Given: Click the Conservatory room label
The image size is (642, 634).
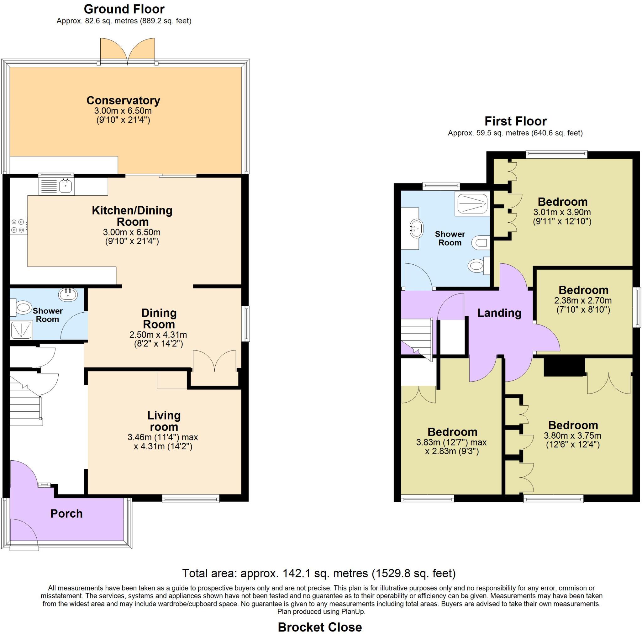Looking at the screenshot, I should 123,100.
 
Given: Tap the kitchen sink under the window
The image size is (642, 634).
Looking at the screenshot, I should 66,186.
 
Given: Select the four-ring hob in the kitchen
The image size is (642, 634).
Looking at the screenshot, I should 18,225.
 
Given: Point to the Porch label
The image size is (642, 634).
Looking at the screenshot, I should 66,514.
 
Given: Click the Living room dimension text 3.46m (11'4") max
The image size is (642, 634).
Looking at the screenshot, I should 162,437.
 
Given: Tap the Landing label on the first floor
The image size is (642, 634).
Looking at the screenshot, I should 499,313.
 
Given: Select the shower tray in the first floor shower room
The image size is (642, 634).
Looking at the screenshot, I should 473,204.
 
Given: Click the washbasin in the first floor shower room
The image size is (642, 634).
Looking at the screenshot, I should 417,228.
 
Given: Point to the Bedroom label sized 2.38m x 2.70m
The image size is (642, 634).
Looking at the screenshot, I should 583,290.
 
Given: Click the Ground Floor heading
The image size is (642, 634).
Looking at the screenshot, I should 124,9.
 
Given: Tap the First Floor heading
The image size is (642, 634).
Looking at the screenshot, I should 515,121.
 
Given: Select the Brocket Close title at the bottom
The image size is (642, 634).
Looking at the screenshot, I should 320,627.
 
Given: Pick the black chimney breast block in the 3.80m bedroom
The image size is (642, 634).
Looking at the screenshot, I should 564,367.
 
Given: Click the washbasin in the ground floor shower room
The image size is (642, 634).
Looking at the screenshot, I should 68,294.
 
